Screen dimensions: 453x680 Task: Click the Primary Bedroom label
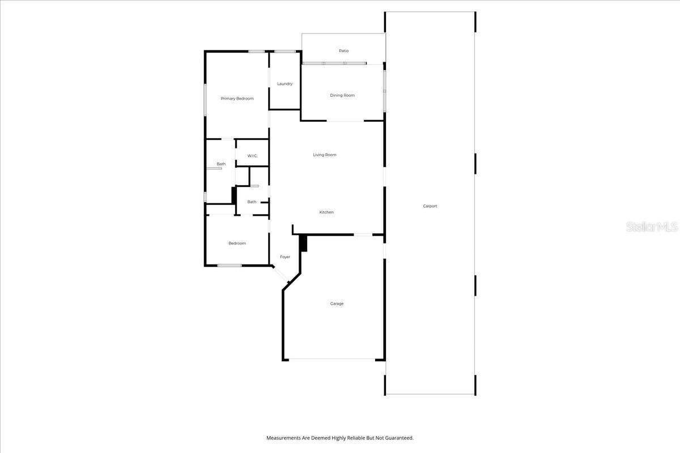[237, 99]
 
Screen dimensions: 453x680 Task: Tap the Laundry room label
[284, 84]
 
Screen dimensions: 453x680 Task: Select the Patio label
[343, 51]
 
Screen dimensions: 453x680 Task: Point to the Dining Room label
[342, 95]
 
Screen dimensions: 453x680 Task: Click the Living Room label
[325, 155]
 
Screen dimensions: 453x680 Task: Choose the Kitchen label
[326, 212]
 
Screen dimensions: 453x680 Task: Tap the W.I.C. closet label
[252, 156]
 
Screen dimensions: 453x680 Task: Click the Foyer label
[285, 257]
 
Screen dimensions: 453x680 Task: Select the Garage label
[337, 304]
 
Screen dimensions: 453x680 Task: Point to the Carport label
[430, 206]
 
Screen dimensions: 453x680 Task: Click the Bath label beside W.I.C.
[221, 164]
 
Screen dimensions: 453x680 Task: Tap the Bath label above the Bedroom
[252, 202]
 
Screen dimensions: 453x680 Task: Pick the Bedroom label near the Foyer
[237, 243]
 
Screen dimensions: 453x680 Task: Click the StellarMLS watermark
[652, 227]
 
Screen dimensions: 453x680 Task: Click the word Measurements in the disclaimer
[284, 438]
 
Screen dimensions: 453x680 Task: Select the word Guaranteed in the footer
[398, 438]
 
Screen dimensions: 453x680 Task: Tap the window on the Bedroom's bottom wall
[229, 266]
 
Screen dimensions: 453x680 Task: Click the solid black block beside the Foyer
[303, 243]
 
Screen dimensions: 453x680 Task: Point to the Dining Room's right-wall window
[384, 90]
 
